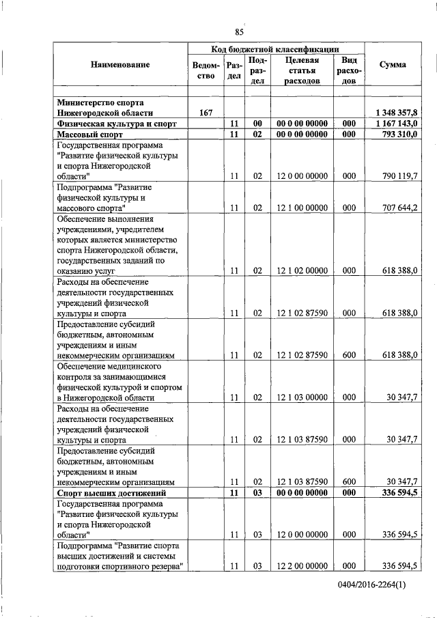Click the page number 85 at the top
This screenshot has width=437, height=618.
tap(239, 32)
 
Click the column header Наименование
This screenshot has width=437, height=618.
tap(119, 64)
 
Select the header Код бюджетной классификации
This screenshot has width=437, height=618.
tap(277, 49)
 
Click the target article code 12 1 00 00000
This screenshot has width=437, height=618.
tap(302, 208)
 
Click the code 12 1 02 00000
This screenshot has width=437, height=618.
tap(302, 270)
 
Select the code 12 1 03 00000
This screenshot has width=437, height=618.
tap(302, 397)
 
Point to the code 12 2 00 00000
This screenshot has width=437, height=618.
tap(302, 566)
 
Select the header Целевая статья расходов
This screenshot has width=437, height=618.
tap(302, 71)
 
